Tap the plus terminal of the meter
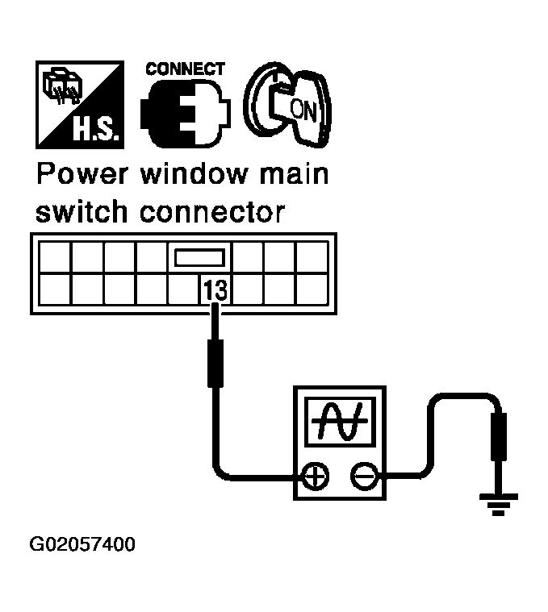(314, 477)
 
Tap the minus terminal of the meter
(362, 477)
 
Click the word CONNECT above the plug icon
(184, 69)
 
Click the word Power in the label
(81, 175)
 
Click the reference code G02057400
(83, 545)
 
